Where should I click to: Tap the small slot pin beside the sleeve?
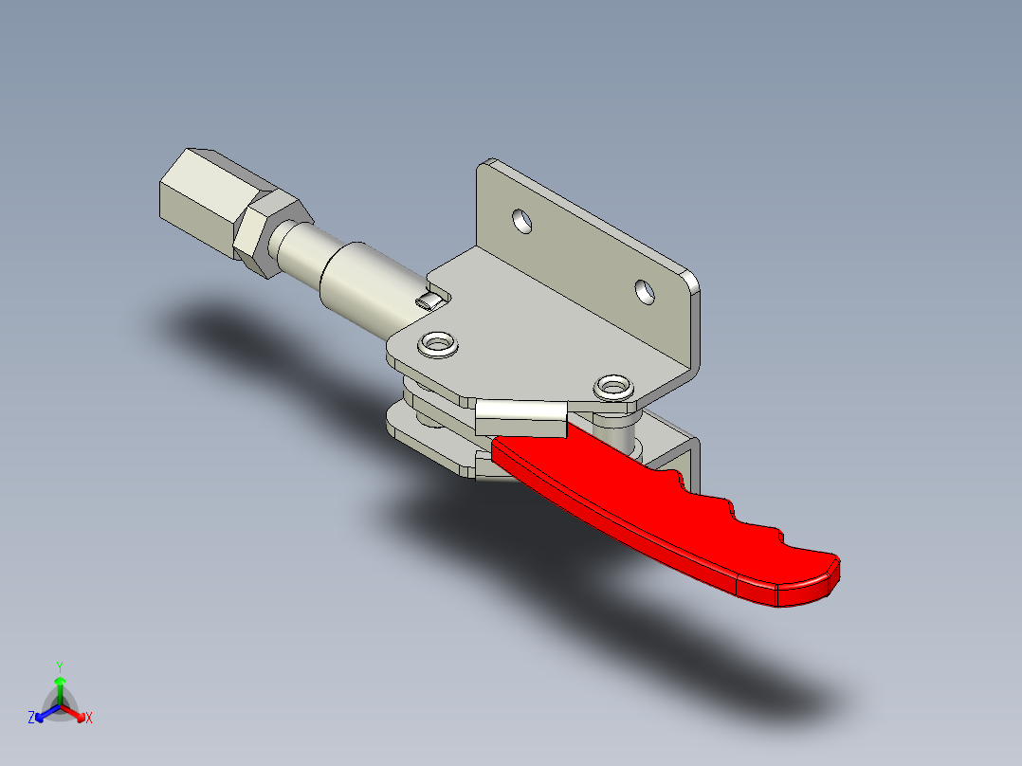point(429,301)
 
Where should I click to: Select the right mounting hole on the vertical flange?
point(645,290)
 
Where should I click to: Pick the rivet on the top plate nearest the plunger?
point(439,342)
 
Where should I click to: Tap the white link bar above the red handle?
point(520,415)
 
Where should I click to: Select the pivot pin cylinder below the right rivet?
point(622,431)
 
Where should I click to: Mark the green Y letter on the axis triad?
point(59,666)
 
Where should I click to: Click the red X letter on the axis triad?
point(89,719)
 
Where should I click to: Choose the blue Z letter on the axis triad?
point(31,719)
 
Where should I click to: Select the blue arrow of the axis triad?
point(44,714)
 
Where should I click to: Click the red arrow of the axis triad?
point(78,714)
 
